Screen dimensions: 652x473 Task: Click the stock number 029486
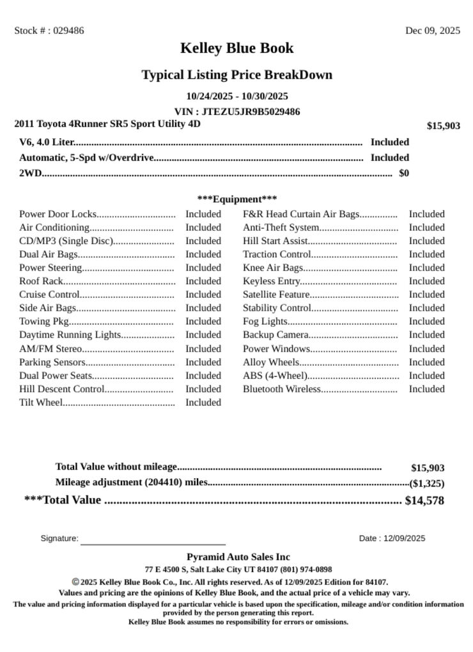pos(68,31)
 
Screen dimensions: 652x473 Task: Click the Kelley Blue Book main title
pos(236,48)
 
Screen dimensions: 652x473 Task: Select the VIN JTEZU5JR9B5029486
pos(251,112)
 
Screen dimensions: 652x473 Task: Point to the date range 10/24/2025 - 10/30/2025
pos(236,97)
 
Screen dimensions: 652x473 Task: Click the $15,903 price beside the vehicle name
pos(443,126)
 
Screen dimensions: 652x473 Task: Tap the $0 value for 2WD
pos(404,173)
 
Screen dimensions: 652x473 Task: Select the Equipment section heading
pos(236,199)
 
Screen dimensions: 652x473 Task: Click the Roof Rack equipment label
pos(41,281)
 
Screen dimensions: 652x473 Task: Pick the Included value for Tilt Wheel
pos(203,403)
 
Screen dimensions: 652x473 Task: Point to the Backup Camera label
pos(275,335)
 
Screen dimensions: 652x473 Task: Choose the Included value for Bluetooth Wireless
pos(426,389)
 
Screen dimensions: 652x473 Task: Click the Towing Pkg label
pos(43,322)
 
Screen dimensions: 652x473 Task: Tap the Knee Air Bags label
pos(272,268)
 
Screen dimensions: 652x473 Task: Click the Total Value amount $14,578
pos(424,501)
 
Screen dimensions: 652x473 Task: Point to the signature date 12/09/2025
pos(404,539)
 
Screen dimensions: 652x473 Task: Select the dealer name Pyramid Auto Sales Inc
pos(238,557)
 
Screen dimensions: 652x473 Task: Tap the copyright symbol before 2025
pos(75,582)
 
